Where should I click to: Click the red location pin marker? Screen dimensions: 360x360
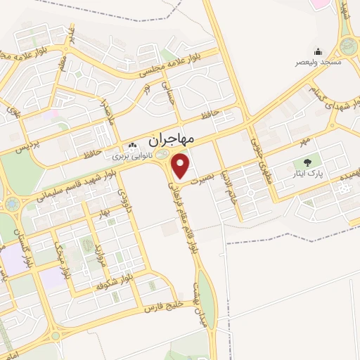tap(181, 167)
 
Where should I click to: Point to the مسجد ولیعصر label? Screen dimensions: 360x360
tap(318, 62)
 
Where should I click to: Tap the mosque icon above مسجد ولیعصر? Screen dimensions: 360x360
tap(318, 51)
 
